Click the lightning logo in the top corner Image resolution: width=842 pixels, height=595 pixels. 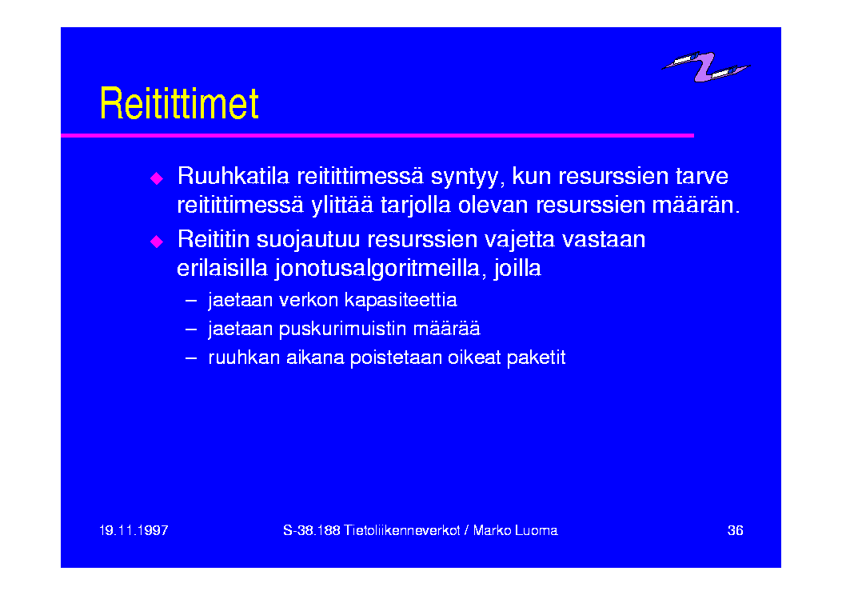pos(705,66)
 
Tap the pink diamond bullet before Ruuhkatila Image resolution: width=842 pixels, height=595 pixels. pos(157,178)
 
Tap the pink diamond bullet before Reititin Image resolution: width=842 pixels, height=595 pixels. pos(157,242)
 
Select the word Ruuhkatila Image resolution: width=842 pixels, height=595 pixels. pos(233,176)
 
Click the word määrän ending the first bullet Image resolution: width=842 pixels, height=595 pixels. pos(696,206)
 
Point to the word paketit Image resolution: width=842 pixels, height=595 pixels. pos(536,358)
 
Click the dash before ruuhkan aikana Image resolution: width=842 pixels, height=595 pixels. pos(191,357)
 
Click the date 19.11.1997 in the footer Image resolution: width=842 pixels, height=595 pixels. pos(134,530)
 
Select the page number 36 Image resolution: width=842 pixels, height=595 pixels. pos(735,530)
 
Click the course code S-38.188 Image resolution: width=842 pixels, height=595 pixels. pos(312,530)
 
